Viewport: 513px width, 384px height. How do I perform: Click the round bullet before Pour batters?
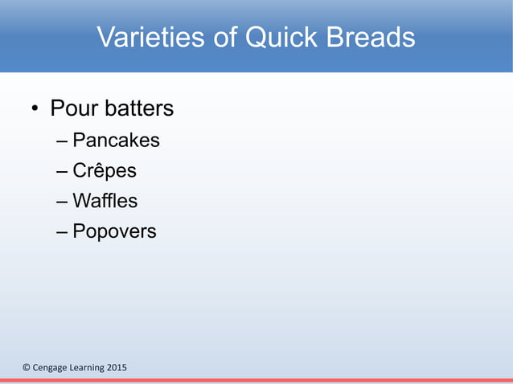point(35,109)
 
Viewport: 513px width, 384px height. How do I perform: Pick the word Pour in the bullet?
point(73,108)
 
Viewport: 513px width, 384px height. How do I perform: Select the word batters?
point(138,108)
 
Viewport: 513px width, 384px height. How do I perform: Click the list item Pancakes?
point(116,141)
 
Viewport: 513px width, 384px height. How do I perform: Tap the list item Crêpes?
point(105,171)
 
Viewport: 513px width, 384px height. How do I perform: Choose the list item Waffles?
point(105,201)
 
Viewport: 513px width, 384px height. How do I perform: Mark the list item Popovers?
point(114,232)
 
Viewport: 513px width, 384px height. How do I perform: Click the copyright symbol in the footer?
point(25,368)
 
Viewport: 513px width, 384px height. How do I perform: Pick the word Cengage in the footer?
point(50,368)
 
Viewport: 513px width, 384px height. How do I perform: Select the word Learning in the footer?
point(88,368)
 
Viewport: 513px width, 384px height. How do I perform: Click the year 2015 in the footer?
point(117,368)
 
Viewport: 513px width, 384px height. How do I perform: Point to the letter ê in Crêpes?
point(100,171)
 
